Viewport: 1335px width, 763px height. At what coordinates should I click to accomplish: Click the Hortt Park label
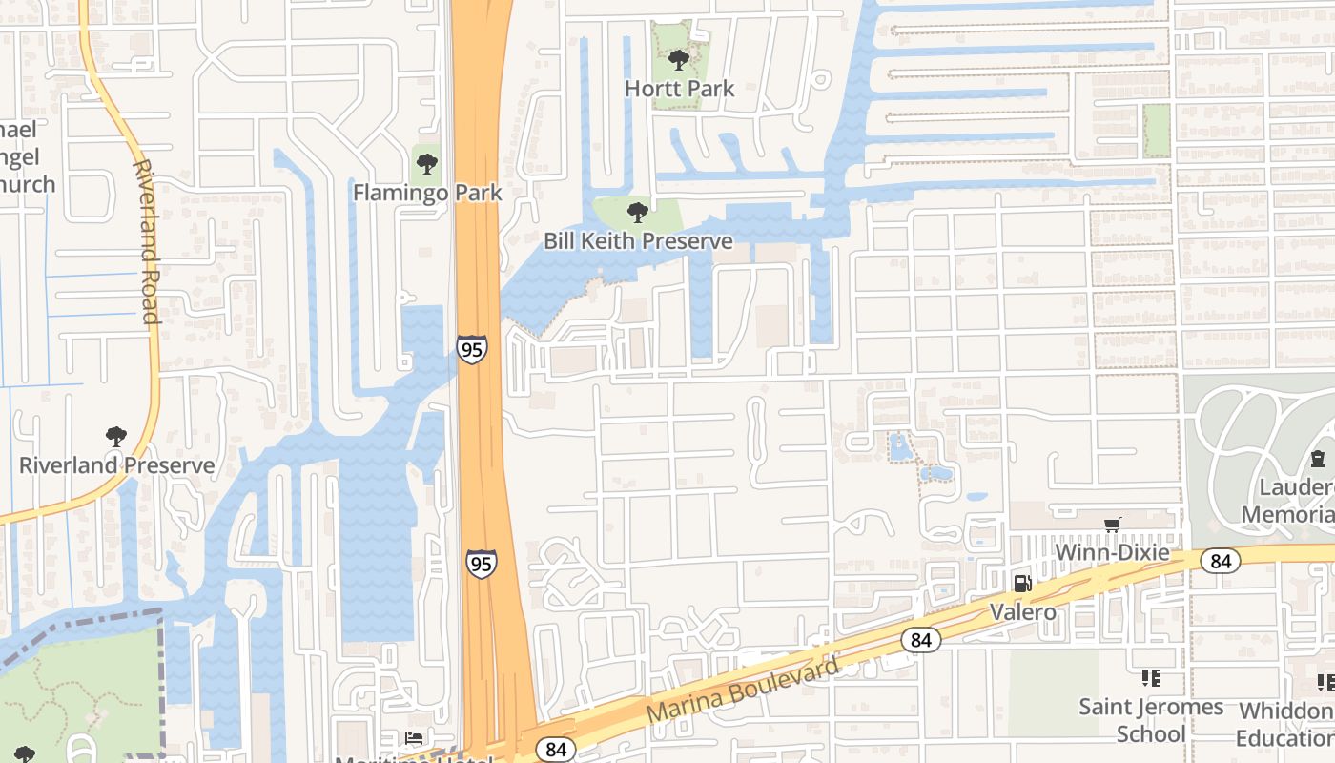tap(679, 89)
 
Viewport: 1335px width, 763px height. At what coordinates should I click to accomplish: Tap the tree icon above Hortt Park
tap(678, 61)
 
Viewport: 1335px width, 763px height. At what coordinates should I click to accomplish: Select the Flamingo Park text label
tap(427, 193)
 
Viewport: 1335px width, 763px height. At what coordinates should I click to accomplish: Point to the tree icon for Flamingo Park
tap(427, 164)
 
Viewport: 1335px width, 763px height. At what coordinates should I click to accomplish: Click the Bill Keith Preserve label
tap(638, 241)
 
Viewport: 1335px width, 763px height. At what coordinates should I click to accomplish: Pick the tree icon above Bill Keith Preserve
tap(637, 213)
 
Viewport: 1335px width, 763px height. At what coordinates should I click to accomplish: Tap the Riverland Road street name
tap(146, 242)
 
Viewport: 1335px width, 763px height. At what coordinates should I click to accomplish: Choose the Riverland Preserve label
tap(117, 465)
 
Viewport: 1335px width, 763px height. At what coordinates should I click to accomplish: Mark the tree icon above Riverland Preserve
tap(116, 438)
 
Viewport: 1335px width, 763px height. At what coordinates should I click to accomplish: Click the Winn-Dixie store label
tap(1112, 553)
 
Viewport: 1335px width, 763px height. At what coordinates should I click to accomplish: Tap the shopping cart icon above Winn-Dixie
tap(1112, 526)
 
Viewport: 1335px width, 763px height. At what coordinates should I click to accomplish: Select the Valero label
tap(1022, 611)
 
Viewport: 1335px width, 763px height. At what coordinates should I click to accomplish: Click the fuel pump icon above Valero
tap(1022, 583)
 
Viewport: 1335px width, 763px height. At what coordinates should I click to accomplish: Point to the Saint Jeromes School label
tap(1151, 720)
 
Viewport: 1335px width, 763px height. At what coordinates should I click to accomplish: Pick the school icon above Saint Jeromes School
tap(1151, 678)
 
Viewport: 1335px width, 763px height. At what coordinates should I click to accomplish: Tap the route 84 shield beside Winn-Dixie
tap(1221, 561)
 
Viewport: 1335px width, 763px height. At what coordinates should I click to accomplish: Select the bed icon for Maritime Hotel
tap(414, 738)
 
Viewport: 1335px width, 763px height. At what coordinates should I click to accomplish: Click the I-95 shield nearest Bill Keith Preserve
tap(471, 349)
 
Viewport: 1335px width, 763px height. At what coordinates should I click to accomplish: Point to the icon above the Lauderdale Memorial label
tap(1320, 459)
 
